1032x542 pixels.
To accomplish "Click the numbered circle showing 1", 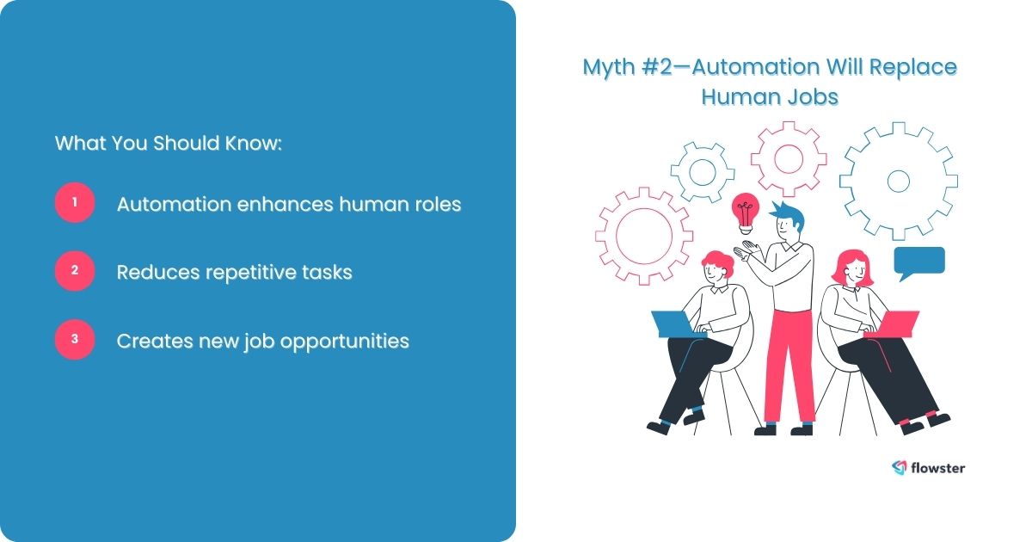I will (75, 203).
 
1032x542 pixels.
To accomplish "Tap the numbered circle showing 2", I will (75, 271).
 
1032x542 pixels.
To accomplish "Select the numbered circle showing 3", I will (75, 340).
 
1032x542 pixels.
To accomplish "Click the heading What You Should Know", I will (169, 143).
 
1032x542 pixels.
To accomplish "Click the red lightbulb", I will (745, 209).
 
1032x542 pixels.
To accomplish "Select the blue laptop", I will (673, 323).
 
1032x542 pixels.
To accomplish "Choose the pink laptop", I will (898, 323).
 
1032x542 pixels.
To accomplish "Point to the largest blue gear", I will (898, 181).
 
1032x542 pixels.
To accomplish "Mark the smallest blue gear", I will (702, 170).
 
